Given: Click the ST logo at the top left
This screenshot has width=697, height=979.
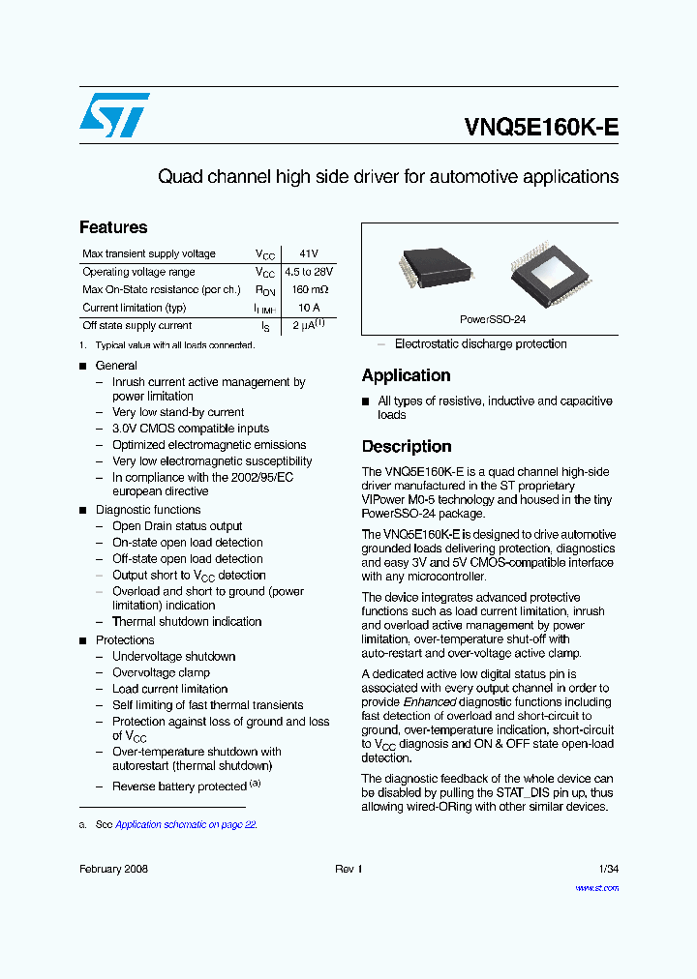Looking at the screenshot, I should tap(114, 115).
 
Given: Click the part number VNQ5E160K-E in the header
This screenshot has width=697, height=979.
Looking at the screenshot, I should tap(541, 128).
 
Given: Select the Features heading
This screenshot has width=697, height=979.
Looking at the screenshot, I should tap(113, 227).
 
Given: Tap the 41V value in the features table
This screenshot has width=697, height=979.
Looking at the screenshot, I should tap(308, 253).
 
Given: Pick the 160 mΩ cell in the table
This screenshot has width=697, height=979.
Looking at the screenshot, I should tap(308, 289).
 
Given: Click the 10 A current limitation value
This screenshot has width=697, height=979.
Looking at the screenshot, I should tap(308, 308).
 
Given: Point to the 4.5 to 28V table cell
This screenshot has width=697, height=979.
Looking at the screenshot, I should tap(308, 272).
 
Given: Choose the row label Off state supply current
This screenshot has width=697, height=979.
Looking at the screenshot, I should tap(136, 326).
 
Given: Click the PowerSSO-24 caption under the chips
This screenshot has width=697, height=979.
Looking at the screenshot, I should tap(492, 319).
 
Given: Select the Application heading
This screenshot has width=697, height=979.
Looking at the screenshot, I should tap(406, 375).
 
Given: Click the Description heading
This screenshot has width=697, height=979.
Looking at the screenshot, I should tap(407, 446).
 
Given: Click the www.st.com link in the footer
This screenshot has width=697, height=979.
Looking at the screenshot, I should tap(596, 887).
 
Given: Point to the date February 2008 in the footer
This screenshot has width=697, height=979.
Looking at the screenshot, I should tap(113, 870).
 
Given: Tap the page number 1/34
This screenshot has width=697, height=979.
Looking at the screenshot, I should tap(608, 870).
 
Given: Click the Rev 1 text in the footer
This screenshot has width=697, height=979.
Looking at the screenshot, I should tap(348, 870).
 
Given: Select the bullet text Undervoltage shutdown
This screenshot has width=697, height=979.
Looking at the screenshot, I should tap(173, 656).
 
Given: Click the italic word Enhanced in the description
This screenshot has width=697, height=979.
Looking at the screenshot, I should tap(430, 701).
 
